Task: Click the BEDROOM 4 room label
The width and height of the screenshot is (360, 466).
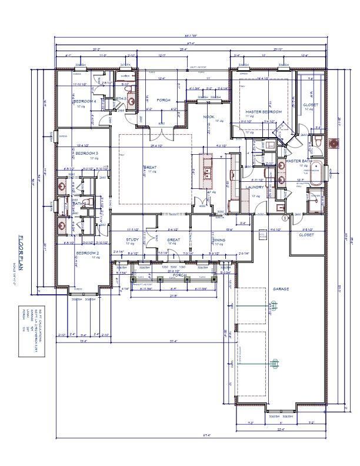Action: [x=85, y=101]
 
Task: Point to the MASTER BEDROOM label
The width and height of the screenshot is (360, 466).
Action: [x=263, y=112]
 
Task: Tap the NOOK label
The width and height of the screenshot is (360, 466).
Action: [x=209, y=116]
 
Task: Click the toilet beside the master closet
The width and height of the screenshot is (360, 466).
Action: [x=317, y=142]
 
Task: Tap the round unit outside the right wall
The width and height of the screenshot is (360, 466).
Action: [x=336, y=143]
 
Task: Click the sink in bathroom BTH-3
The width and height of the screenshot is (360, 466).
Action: [x=131, y=101]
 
